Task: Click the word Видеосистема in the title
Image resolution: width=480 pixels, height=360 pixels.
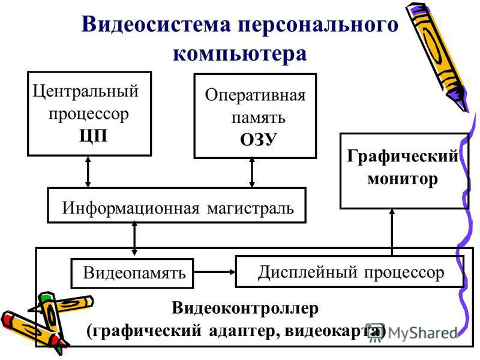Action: pyautogui.click(x=156, y=25)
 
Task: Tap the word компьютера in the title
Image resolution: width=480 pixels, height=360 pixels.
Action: pyautogui.click(x=239, y=54)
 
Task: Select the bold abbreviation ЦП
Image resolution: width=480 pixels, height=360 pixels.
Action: pyautogui.click(x=94, y=136)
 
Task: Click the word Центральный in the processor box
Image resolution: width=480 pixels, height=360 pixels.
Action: pyautogui.click(x=85, y=92)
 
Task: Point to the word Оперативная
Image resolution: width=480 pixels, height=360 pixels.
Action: pyautogui.click(x=255, y=95)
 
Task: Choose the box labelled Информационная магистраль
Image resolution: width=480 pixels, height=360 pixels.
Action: pyautogui.click(x=176, y=205)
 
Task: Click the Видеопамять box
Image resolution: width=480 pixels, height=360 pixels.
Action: pyautogui.click(x=132, y=274)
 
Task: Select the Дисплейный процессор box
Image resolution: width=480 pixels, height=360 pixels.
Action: pyautogui.click(x=350, y=272)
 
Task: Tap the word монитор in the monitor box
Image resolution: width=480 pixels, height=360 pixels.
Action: pyautogui.click(x=403, y=178)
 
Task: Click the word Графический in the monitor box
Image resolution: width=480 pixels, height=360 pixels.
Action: pyautogui.click(x=403, y=156)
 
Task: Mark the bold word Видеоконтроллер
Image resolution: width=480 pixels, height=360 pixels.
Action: pyautogui.click(x=245, y=308)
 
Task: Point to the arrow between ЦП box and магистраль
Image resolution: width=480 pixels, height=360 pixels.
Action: pyautogui.click(x=88, y=172)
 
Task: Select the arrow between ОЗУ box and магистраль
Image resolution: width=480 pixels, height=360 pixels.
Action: pyautogui.click(x=252, y=172)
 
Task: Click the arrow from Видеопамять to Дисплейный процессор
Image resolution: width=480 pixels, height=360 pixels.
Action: pyautogui.click(x=214, y=272)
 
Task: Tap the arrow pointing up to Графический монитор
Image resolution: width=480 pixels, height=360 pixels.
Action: pyautogui.click(x=392, y=232)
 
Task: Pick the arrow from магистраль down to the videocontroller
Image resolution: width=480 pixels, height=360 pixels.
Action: pyautogui.click(x=134, y=238)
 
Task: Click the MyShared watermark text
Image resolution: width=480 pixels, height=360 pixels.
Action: pyautogui.click(x=422, y=333)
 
